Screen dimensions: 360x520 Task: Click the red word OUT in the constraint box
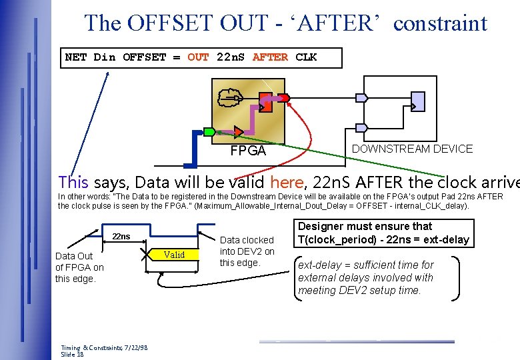point(198,57)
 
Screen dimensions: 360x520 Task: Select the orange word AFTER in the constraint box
point(270,57)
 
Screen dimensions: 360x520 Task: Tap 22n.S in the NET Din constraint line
point(231,57)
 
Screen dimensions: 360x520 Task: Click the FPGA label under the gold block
point(247,151)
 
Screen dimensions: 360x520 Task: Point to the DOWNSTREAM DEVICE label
point(412,149)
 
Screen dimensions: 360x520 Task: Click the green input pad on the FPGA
point(209,131)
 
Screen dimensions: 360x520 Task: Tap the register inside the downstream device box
point(418,101)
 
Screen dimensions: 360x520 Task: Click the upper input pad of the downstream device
point(361,97)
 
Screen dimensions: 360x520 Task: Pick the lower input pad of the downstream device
point(361,128)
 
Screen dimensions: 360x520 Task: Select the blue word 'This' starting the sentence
point(73,181)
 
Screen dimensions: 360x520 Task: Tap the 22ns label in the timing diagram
point(121,237)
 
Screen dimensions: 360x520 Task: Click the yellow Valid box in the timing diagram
point(174,254)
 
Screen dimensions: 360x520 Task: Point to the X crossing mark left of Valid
point(145,255)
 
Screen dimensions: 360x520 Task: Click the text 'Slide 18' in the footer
point(72,355)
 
